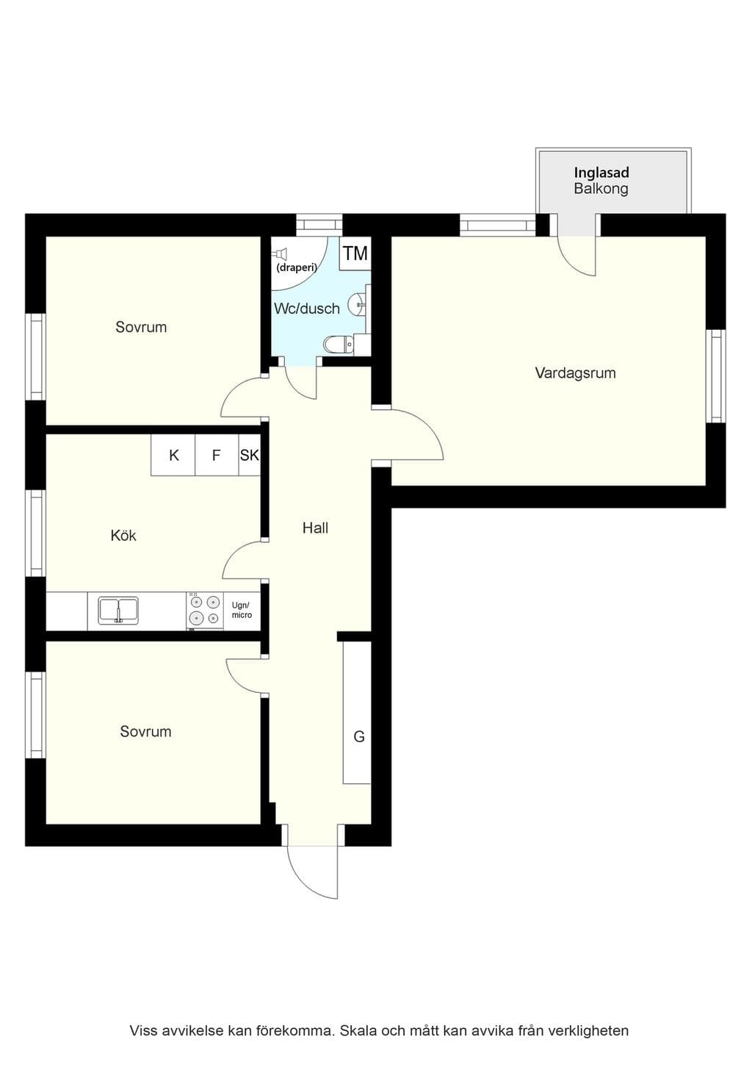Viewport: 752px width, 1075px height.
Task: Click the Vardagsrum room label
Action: [x=575, y=373]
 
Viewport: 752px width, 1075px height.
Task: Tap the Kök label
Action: [x=123, y=535]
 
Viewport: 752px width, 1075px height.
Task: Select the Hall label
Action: [x=315, y=528]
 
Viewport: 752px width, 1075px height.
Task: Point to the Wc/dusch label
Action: [x=307, y=309]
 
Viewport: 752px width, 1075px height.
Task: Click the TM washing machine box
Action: [x=355, y=254]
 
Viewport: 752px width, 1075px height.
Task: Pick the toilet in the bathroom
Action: [x=339, y=344]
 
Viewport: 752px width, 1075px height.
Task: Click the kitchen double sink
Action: [x=118, y=611]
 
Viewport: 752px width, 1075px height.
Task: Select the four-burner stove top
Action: [x=205, y=610]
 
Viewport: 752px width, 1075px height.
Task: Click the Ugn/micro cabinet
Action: [x=242, y=611]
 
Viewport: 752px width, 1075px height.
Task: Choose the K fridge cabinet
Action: [x=173, y=455]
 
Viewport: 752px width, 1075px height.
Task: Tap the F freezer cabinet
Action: [x=217, y=455]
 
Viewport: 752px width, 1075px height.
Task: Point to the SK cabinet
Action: [x=250, y=455]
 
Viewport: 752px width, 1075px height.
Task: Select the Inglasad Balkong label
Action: [x=601, y=181]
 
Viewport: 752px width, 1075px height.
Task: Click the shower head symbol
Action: [x=281, y=254]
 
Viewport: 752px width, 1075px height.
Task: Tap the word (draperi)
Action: [x=297, y=267]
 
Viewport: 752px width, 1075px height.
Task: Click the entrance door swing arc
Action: [x=302, y=880]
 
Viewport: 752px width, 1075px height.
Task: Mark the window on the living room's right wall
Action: [x=715, y=376]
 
